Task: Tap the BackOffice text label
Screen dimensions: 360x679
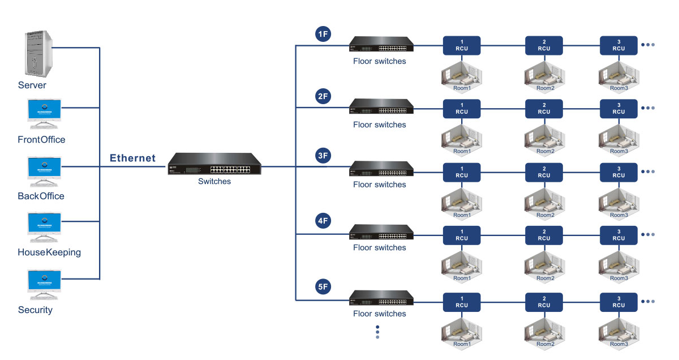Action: click(x=41, y=196)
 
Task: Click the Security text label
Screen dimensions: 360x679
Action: click(x=35, y=310)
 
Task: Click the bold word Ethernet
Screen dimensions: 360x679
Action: click(x=132, y=158)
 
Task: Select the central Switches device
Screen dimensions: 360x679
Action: click(x=214, y=164)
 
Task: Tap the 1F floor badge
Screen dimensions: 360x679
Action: click(x=323, y=34)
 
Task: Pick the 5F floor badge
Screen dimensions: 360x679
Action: click(x=323, y=287)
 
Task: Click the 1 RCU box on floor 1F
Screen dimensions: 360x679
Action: click(x=462, y=45)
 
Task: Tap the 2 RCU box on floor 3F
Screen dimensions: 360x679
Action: click(x=544, y=172)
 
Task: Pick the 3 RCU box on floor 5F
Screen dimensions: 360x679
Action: click(x=618, y=302)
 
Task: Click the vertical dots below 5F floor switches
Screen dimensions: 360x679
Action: click(x=377, y=332)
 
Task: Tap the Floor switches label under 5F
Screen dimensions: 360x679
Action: click(x=379, y=314)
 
